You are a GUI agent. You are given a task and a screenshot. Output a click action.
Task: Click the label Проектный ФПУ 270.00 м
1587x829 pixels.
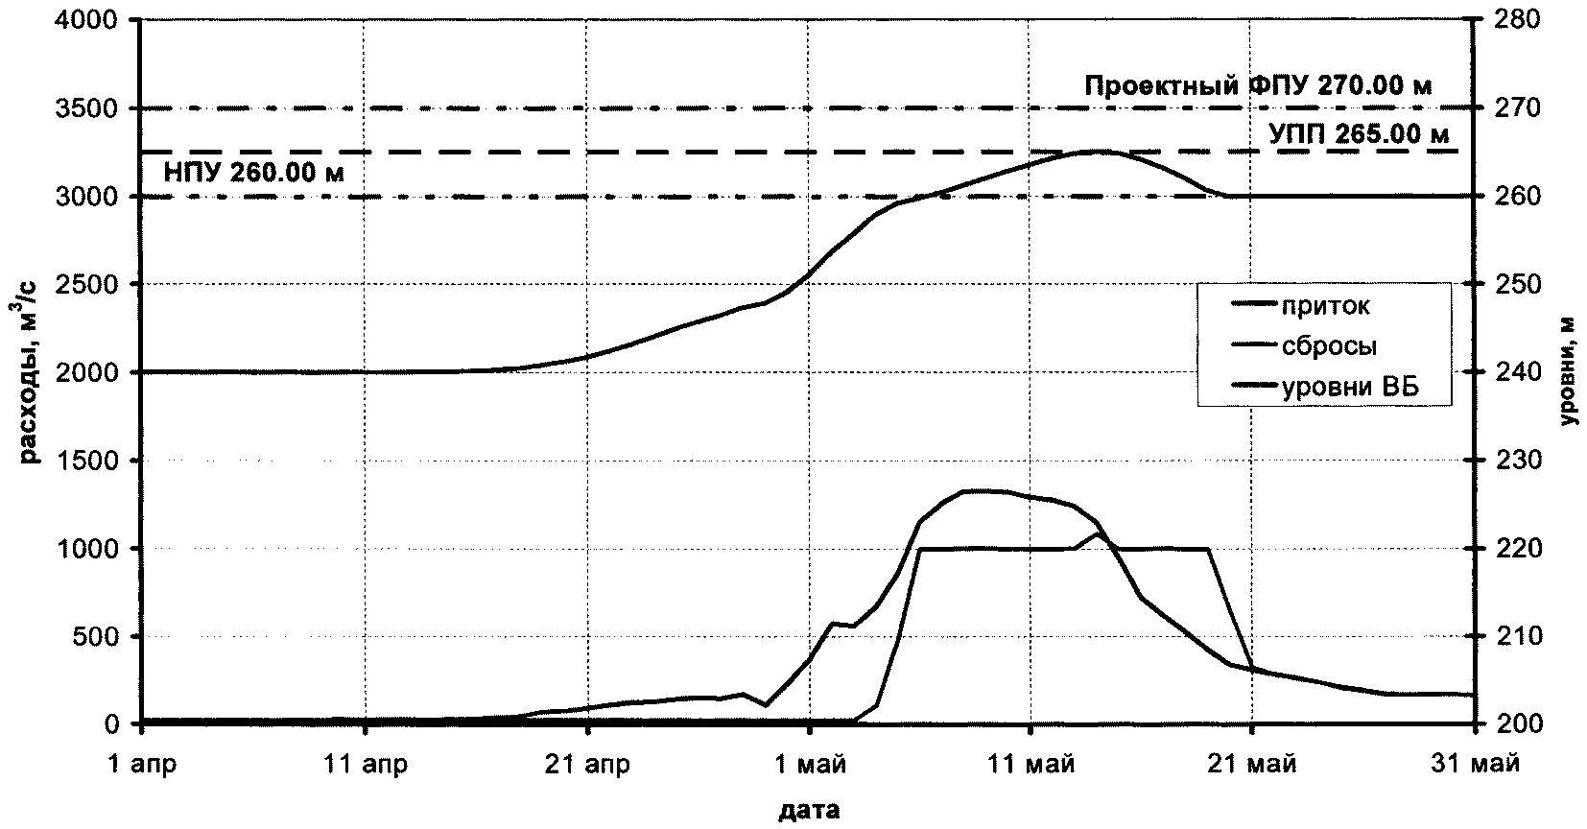point(1258,86)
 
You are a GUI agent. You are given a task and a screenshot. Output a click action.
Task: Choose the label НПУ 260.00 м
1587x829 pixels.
point(243,174)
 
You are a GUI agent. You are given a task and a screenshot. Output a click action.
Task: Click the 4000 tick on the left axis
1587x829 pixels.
point(93,20)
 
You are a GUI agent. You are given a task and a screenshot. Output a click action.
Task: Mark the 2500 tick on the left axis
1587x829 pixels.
point(93,285)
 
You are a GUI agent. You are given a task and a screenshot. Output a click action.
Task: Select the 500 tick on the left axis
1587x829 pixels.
point(99,636)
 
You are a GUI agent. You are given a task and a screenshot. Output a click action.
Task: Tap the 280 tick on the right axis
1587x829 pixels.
point(1516,20)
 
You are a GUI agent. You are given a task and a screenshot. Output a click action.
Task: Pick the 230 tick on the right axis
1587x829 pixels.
point(1516,461)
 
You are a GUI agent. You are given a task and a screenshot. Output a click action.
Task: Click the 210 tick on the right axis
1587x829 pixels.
point(1516,636)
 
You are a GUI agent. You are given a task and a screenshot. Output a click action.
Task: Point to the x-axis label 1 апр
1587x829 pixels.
point(142,765)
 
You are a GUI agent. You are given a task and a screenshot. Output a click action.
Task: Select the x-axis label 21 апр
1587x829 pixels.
point(587,765)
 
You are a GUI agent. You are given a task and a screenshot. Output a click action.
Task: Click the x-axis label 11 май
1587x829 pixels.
point(1030,765)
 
